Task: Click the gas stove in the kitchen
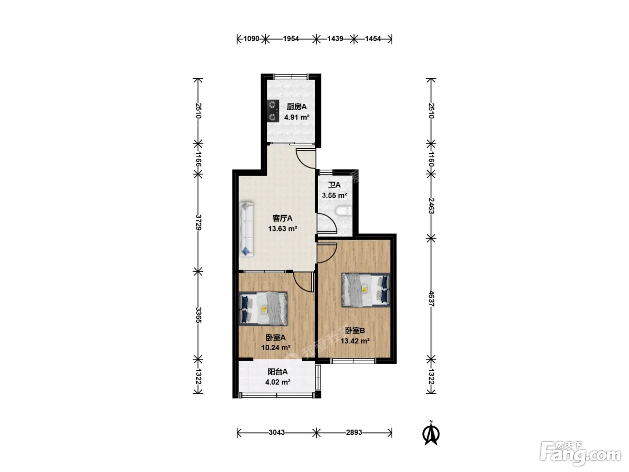pyautogui.click(x=273, y=111)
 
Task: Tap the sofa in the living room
pyautogui.click(x=247, y=229)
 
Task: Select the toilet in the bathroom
pyautogui.click(x=343, y=211)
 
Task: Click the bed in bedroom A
pyautogui.click(x=263, y=309)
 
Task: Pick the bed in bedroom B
pyautogui.click(x=366, y=290)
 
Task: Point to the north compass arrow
pyautogui.click(x=431, y=433)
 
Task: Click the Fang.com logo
pyautogui.click(x=580, y=454)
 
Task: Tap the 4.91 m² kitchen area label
pyautogui.click(x=297, y=117)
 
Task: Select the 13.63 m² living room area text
pyautogui.click(x=282, y=229)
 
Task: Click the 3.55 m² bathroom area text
pyautogui.click(x=334, y=196)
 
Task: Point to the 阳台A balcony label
pyautogui.click(x=277, y=372)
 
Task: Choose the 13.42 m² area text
pyautogui.click(x=355, y=341)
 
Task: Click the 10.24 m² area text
pyautogui.click(x=276, y=347)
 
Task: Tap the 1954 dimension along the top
pyautogui.click(x=291, y=39)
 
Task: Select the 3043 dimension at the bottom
pyautogui.click(x=276, y=432)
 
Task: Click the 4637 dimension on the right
pyautogui.click(x=431, y=298)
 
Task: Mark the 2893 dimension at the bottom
pyautogui.click(x=354, y=432)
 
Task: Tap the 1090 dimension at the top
pyautogui.click(x=251, y=39)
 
